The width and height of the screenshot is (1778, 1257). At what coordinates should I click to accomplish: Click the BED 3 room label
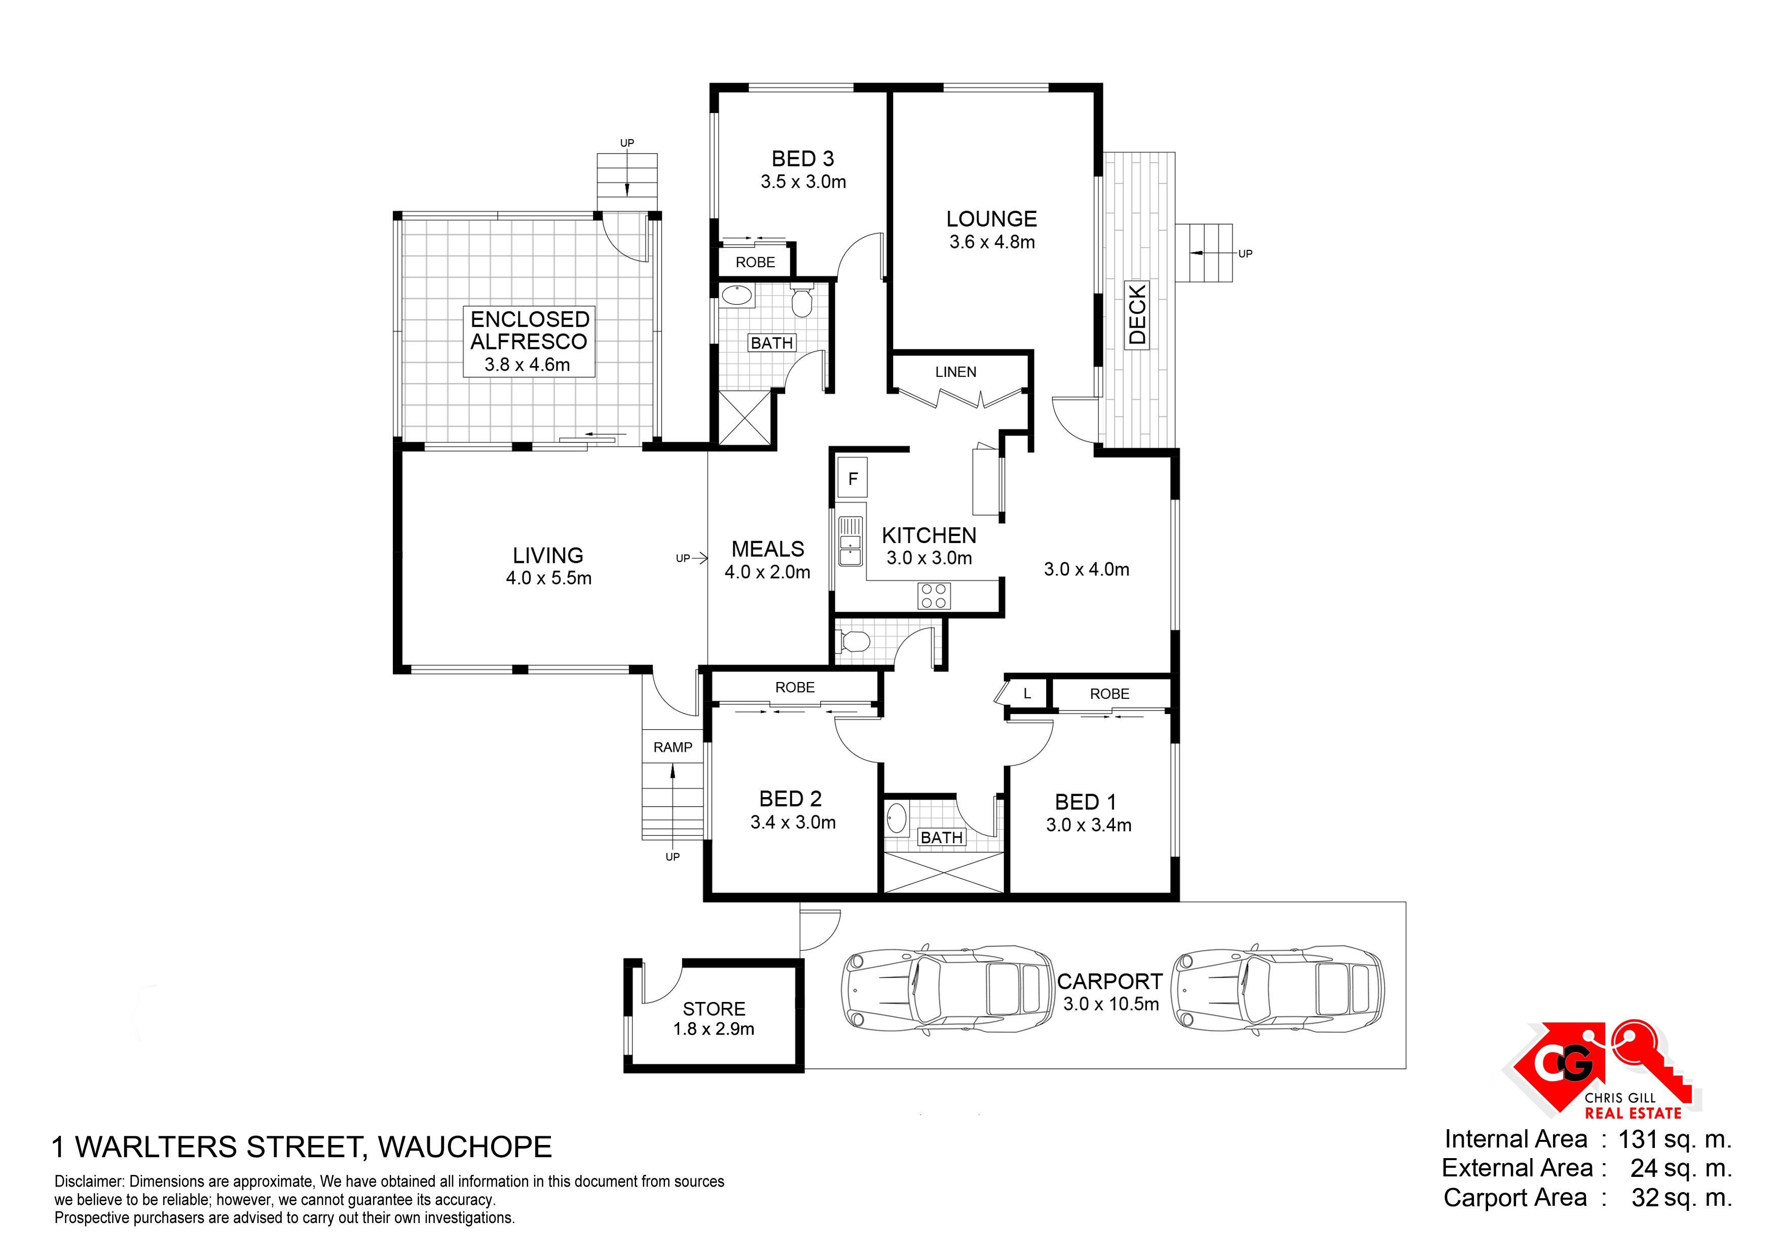point(802,159)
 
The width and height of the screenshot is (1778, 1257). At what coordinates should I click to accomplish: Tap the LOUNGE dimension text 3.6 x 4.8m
point(992,242)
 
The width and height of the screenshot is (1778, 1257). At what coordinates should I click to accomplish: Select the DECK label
point(1137,314)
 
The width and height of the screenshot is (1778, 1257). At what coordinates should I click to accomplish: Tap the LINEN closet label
point(955,372)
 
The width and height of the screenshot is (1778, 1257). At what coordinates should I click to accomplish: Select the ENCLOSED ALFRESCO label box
point(529,341)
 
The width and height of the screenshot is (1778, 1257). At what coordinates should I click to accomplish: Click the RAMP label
point(672,747)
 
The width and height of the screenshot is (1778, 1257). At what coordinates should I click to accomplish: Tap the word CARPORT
point(1109,981)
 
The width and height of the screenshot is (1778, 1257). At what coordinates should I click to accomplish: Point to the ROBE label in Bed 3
point(755,262)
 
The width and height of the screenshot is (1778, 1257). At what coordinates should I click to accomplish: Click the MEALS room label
point(767,549)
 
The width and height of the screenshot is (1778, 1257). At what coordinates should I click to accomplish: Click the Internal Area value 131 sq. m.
point(1674,1139)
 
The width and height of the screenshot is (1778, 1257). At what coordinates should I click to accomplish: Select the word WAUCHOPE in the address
point(465,1146)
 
